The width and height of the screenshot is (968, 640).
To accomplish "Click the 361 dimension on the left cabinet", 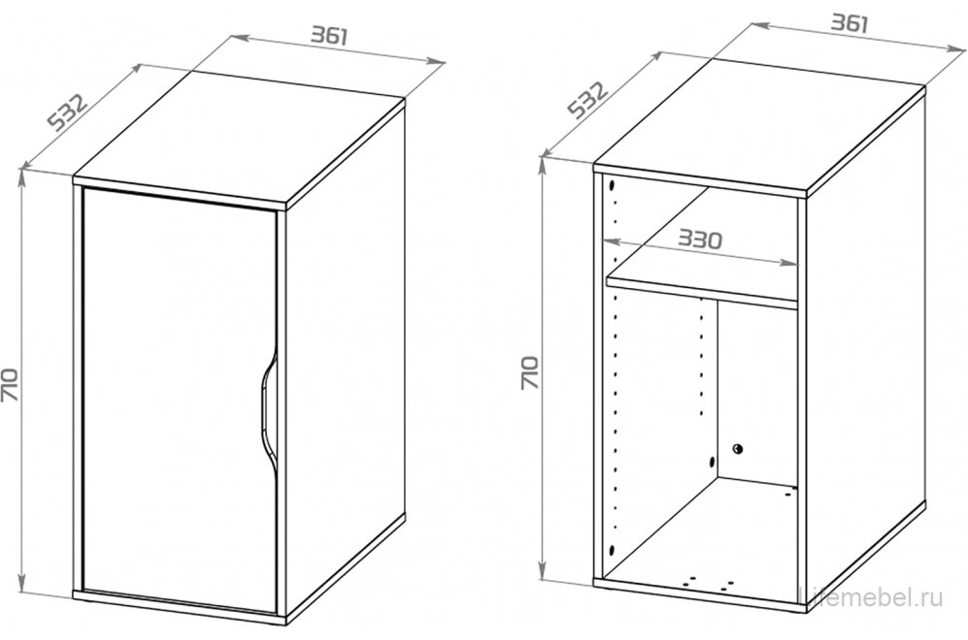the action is click(329, 36).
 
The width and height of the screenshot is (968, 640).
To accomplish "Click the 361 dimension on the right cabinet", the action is click(850, 23).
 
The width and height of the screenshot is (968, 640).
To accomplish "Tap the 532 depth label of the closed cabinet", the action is click(68, 112).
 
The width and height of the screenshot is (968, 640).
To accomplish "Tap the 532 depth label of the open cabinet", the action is click(587, 100).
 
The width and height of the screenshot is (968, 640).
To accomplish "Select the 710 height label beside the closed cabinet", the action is click(12, 385).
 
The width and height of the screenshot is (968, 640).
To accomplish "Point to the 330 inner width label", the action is click(699, 239).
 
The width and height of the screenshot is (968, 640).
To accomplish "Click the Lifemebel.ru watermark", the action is click(871, 596).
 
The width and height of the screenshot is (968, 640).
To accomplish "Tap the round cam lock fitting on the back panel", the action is click(738, 448).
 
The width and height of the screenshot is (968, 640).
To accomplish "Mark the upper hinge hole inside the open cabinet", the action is click(612, 185).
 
